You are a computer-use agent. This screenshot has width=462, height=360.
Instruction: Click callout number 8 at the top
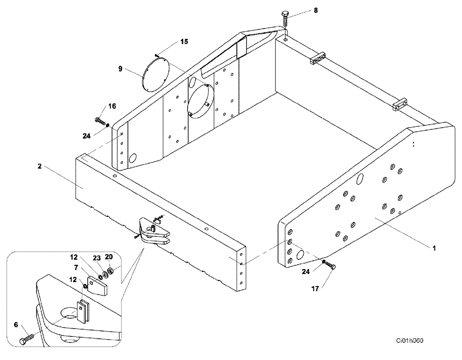tap(316, 10)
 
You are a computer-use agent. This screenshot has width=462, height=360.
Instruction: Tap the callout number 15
tap(184, 42)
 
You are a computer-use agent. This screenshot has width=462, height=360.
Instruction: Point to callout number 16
tap(112, 106)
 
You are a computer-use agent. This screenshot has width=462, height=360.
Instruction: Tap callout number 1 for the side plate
tap(434, 248)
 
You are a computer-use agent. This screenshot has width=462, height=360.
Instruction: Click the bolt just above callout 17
tap(329, 265)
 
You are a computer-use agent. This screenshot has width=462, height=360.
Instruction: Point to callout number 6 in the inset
tap(16, 325)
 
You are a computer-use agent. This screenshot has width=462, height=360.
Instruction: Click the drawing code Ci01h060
tap(409, 341)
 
